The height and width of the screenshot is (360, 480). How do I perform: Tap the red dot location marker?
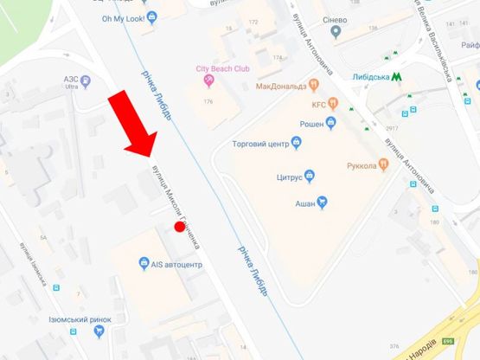pyautogui.click(x=180, y=227)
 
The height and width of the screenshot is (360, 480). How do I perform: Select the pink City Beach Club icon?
pyautogui.click(x=208, y=80)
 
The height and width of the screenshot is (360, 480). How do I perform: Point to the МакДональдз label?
pyautogui.click(x=282, y=87)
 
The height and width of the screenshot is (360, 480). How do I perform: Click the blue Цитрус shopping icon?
pyautogui.click(x=310, y=177)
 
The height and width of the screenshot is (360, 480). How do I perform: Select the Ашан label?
pyautogui.click(x=300, y=203)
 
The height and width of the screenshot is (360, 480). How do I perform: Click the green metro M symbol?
pyautogui.click(x=397, y=76)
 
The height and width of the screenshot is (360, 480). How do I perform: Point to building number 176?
pyautogui.click(x=208, y=102)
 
